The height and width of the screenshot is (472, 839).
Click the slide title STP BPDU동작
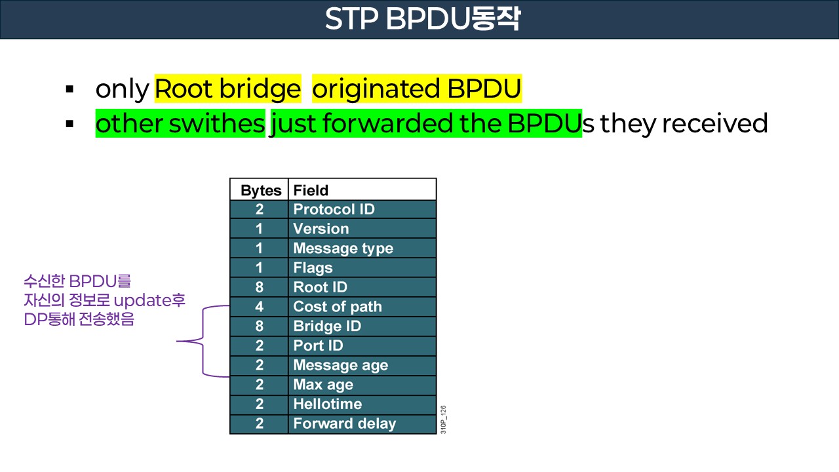[422, 20]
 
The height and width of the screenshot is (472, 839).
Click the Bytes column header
[260, 190]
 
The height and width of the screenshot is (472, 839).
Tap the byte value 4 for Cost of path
[260, 307]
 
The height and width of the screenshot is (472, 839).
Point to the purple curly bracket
[204, 341]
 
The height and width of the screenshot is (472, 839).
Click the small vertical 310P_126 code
[444, 420]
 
